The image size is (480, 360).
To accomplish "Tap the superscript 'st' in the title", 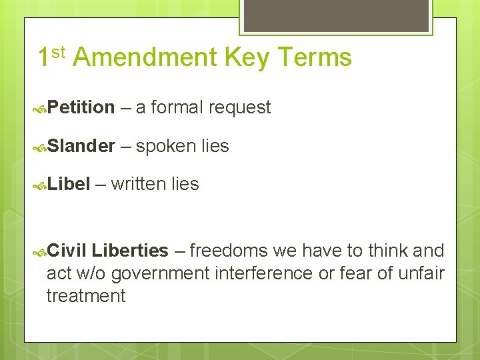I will click(x=59, y=52).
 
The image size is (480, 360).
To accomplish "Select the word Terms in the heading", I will click(x=313, y=58).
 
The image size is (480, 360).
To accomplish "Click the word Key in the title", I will click(x=246, y=59).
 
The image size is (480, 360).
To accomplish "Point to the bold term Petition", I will click(x=81, y=107).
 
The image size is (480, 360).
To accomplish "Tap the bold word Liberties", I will click(x=130, y=251).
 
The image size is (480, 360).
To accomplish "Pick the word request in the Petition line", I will click(x=239, y=107).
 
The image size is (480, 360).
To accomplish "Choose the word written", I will click(x=138, y=184).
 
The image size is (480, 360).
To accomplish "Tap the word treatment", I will click(x=86, y=296).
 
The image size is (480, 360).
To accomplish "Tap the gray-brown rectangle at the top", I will click(x=335, y=15).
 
